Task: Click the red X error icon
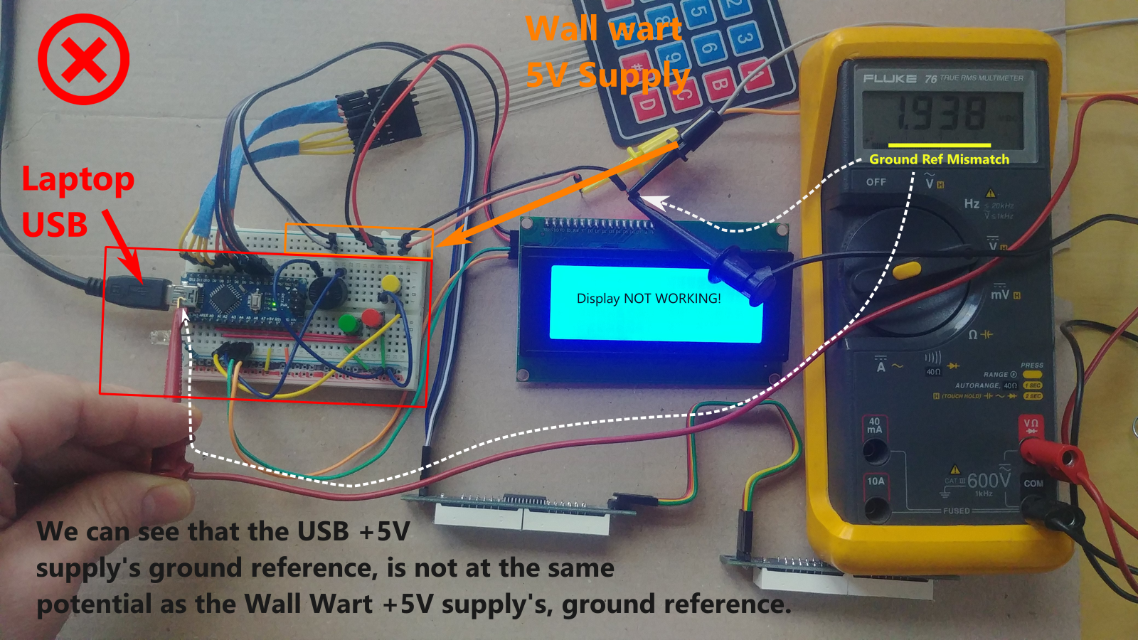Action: [83, 59]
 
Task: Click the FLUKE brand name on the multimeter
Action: [889, 78]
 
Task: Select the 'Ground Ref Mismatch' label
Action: [939, 159]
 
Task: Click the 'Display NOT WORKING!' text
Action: [649, 299]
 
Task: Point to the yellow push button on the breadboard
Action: [390, 283]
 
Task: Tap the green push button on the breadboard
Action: [348, 324]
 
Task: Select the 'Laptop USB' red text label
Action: [77, 201]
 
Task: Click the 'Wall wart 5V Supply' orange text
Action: [606, 52]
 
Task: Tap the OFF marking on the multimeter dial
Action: [876, 182]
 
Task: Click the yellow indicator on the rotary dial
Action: [907, 270]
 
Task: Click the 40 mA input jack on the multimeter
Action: [875, 449]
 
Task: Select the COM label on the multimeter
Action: [1033, 484]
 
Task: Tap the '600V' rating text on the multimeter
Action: [989, 481]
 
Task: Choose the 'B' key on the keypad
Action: [719, 86]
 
